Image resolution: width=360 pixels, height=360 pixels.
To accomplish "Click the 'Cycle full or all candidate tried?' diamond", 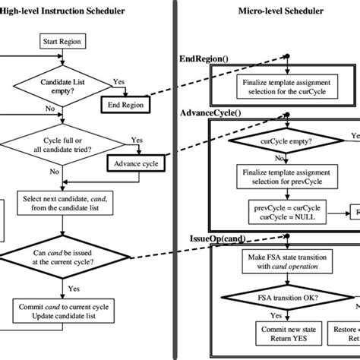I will [x=65, y=144].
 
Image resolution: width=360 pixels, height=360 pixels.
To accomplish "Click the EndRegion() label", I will [x=204, y=58].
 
